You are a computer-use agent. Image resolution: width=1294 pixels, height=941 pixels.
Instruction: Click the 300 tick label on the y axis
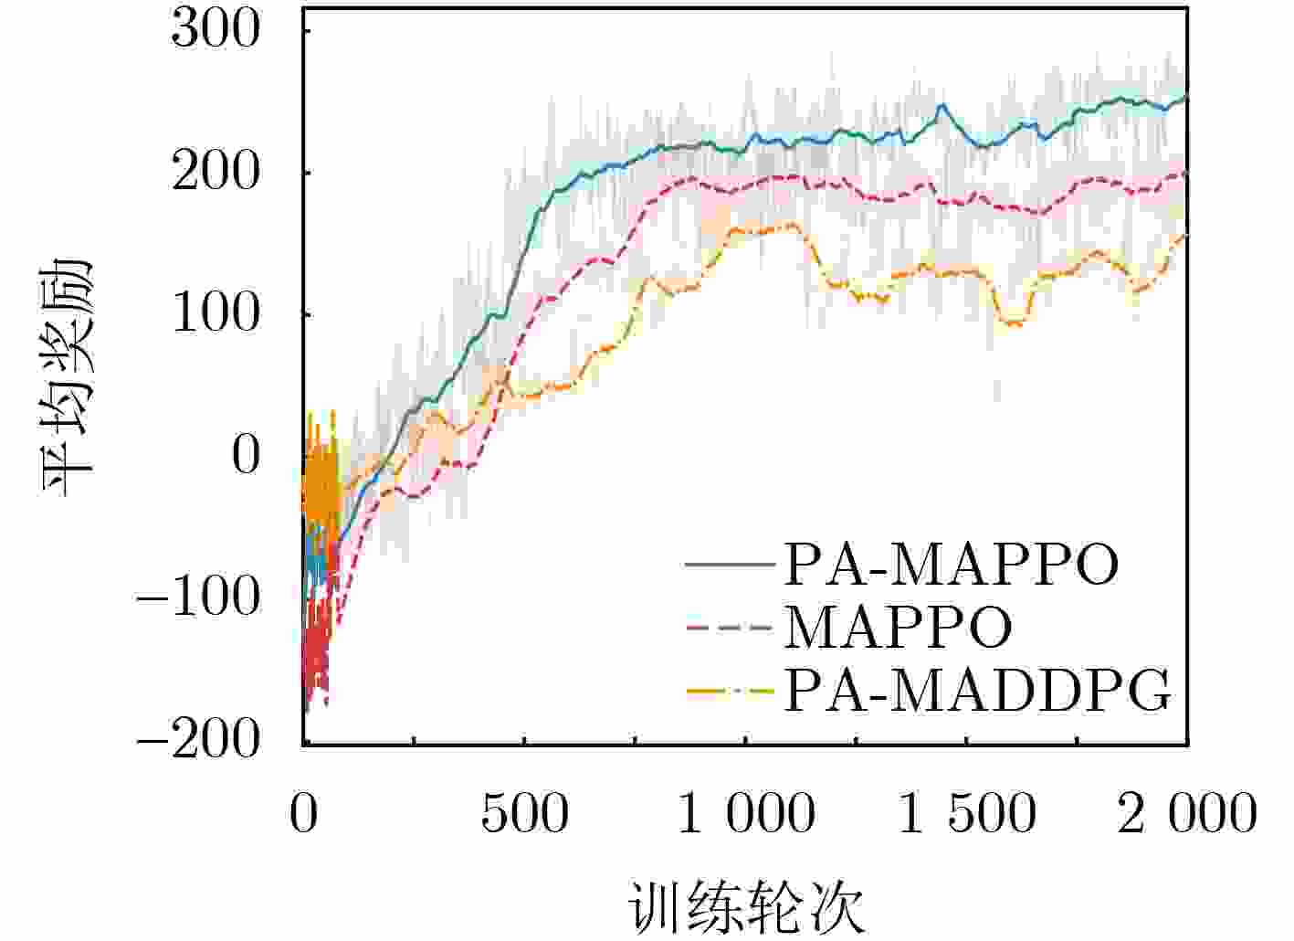216,31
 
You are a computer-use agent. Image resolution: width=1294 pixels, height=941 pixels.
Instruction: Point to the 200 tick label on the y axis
216,173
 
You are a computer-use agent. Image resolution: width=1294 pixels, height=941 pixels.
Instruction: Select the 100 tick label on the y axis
216,314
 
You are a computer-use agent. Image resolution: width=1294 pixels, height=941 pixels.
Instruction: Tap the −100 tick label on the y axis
197,597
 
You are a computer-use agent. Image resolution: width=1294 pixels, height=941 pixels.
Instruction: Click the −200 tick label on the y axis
197,739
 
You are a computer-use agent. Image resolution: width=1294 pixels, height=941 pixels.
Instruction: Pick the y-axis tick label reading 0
246,456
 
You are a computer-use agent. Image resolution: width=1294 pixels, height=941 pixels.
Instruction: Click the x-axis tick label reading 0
304,813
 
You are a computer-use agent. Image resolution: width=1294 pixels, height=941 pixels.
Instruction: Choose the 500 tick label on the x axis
524,813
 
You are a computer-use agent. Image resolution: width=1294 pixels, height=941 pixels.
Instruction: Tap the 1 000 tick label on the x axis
746,813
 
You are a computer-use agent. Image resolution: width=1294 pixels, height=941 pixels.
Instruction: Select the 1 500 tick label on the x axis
968,813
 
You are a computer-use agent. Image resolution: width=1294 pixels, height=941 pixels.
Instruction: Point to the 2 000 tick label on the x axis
1188,813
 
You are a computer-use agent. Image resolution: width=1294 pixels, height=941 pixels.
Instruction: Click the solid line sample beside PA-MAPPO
730,565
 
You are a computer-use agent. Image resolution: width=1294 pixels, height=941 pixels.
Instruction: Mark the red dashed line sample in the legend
730,628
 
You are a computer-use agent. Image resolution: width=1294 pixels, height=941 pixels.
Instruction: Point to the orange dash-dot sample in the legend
730,692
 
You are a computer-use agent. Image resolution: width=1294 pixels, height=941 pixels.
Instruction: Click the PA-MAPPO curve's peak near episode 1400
942,105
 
